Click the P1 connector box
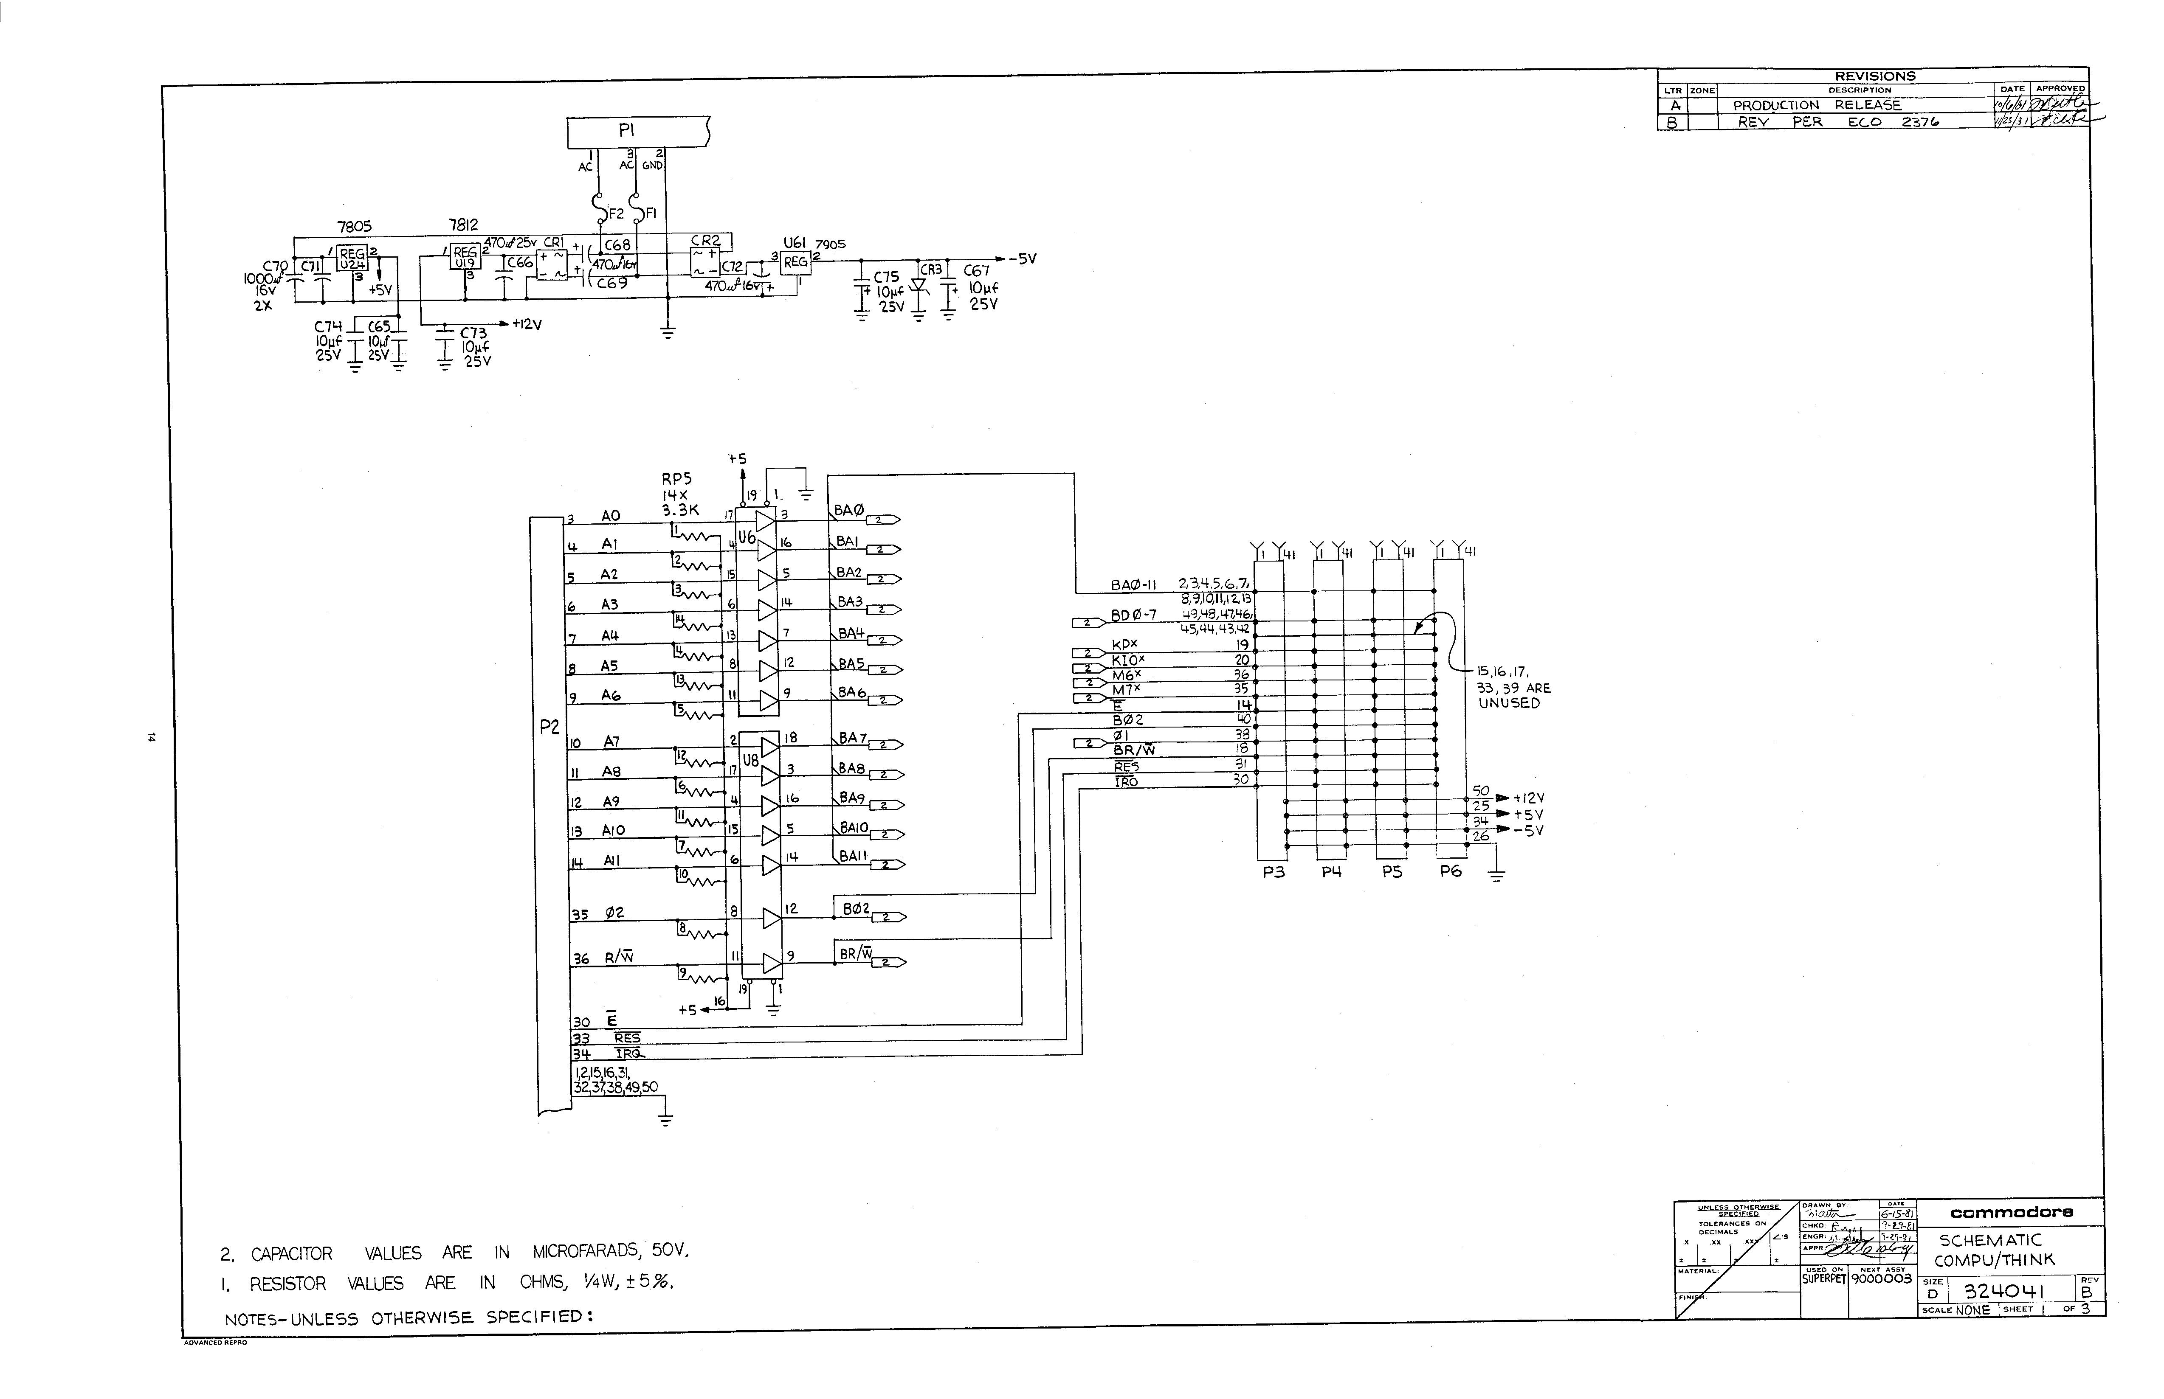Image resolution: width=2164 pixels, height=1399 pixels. pos(636,132)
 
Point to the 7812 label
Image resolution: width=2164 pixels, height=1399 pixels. pos(464,224)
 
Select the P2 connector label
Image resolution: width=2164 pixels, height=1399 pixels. pos(549,727)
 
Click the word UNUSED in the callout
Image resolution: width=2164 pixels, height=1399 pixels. pos(1509,703)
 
